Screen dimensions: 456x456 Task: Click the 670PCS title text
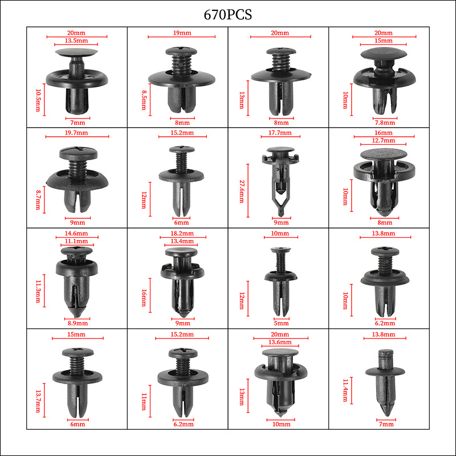[227, 15]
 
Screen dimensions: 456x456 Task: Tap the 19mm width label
[182, 32]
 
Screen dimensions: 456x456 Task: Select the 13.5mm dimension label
[76, 40]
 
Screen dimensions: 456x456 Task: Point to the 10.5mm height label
[38, 100]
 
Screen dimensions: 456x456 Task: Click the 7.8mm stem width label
[385, 123]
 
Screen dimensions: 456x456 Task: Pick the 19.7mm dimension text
[76, 133]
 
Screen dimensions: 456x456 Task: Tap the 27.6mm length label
[242, 192]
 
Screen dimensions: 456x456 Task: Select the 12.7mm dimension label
[384, 140]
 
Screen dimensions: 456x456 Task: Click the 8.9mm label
[78, 323]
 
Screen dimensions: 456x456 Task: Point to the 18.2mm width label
[182, 233]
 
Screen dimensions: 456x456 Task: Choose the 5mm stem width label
[281, 323]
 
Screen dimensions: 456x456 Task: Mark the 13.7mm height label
[38, 401]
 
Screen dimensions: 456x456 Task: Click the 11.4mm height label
[345, 390]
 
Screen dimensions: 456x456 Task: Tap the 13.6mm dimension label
[280, 342]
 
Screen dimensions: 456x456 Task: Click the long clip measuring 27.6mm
[280, 180]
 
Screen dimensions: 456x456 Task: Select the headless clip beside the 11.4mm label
[385, 382]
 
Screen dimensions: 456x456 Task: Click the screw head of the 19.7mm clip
[78, 153]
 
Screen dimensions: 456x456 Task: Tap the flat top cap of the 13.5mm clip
[76, 52]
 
